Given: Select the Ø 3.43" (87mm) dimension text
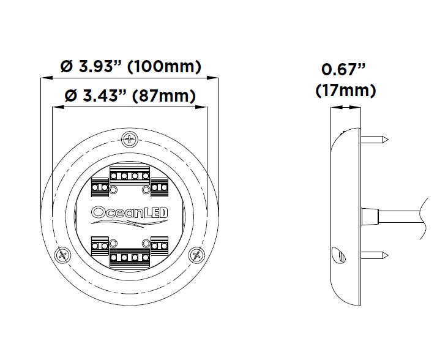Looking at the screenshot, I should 130,96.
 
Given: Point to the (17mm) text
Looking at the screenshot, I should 345,91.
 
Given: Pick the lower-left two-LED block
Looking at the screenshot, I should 100,247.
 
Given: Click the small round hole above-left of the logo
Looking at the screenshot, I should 113,191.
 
